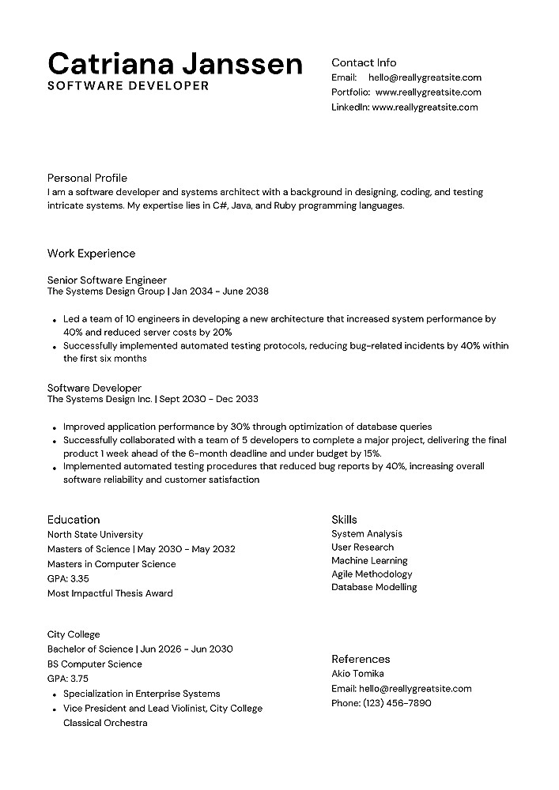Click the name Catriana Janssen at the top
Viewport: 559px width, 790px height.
click(x=175, y=63)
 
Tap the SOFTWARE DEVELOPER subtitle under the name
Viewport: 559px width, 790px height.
click(x=128, y=85)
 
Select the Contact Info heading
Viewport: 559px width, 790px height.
click(x=364, y=62)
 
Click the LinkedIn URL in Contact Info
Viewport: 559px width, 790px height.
click(x=425, y=107)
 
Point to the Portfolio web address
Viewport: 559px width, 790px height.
click(x=429, y=92)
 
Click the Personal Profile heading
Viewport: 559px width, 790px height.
click(x=87, y=178)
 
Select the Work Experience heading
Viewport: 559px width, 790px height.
click(x=91, y=254)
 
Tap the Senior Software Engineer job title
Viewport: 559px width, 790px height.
click(x=107, y=280)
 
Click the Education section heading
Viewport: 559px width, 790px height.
click(x=74, y=520)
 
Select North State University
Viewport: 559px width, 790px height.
click(x=95, y=535)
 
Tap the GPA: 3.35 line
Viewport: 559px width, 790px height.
click(x=68, y=579)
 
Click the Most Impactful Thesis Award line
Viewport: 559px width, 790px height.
click(x=110, y=593)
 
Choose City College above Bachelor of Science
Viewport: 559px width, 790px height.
click(x=74, y=634)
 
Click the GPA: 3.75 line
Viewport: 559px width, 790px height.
click(x=68, y=679)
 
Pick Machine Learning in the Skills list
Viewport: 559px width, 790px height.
click(x=369, y=561)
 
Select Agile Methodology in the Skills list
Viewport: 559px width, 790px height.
click(x=372, y=574)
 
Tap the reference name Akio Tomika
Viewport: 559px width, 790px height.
click(x=357, y=674)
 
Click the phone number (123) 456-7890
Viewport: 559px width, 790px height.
click(x=397, y=703)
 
